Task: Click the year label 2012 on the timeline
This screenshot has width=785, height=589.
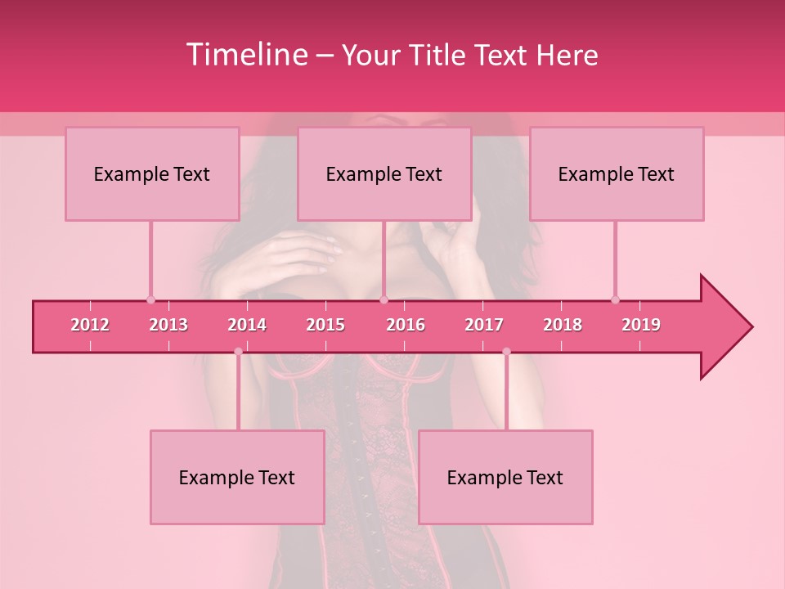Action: click(90, 325)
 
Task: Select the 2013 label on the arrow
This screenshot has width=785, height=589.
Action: click(168, 325)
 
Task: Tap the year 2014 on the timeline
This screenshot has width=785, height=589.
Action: click(247, 325)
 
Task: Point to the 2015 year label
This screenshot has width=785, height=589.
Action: click(325, 325)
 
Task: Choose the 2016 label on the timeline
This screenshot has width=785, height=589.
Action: click(406, 325)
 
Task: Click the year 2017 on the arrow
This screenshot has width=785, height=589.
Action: click(484, 325)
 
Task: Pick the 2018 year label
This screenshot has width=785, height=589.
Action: click(563, 325)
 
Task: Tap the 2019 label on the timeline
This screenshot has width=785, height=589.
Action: click(641, 325)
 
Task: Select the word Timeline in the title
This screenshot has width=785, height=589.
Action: click(245, 55)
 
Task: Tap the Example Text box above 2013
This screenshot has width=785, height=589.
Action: click(152, 173)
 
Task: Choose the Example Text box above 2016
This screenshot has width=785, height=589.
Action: click(384, 173)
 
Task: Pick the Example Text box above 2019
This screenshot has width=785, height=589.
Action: click(617, 173)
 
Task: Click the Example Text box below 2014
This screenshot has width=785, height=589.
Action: click(237, 477)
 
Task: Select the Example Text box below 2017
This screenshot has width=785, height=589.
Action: click(505, 477)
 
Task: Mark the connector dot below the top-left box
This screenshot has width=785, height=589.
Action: click(150, 299)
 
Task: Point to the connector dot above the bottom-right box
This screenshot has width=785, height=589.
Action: click(506, 352)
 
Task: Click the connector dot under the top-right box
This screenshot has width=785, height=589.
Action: click(615, 299)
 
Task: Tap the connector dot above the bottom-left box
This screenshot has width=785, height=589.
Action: click(238, 352)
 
